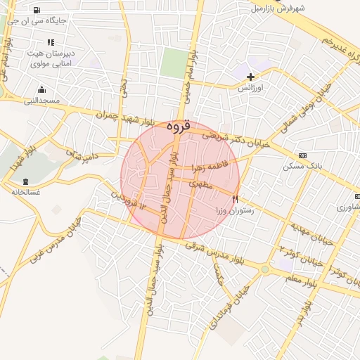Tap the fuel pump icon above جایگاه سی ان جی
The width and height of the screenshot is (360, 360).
click(x=37, y=10)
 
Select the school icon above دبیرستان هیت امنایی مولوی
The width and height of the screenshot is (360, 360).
click(x=50, y=42)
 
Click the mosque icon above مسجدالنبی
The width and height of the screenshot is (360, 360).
click(x=42, y=90)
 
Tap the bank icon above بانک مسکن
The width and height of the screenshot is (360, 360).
click(x=302, y=155)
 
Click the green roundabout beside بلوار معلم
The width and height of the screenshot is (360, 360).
click(x=265, y=269)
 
